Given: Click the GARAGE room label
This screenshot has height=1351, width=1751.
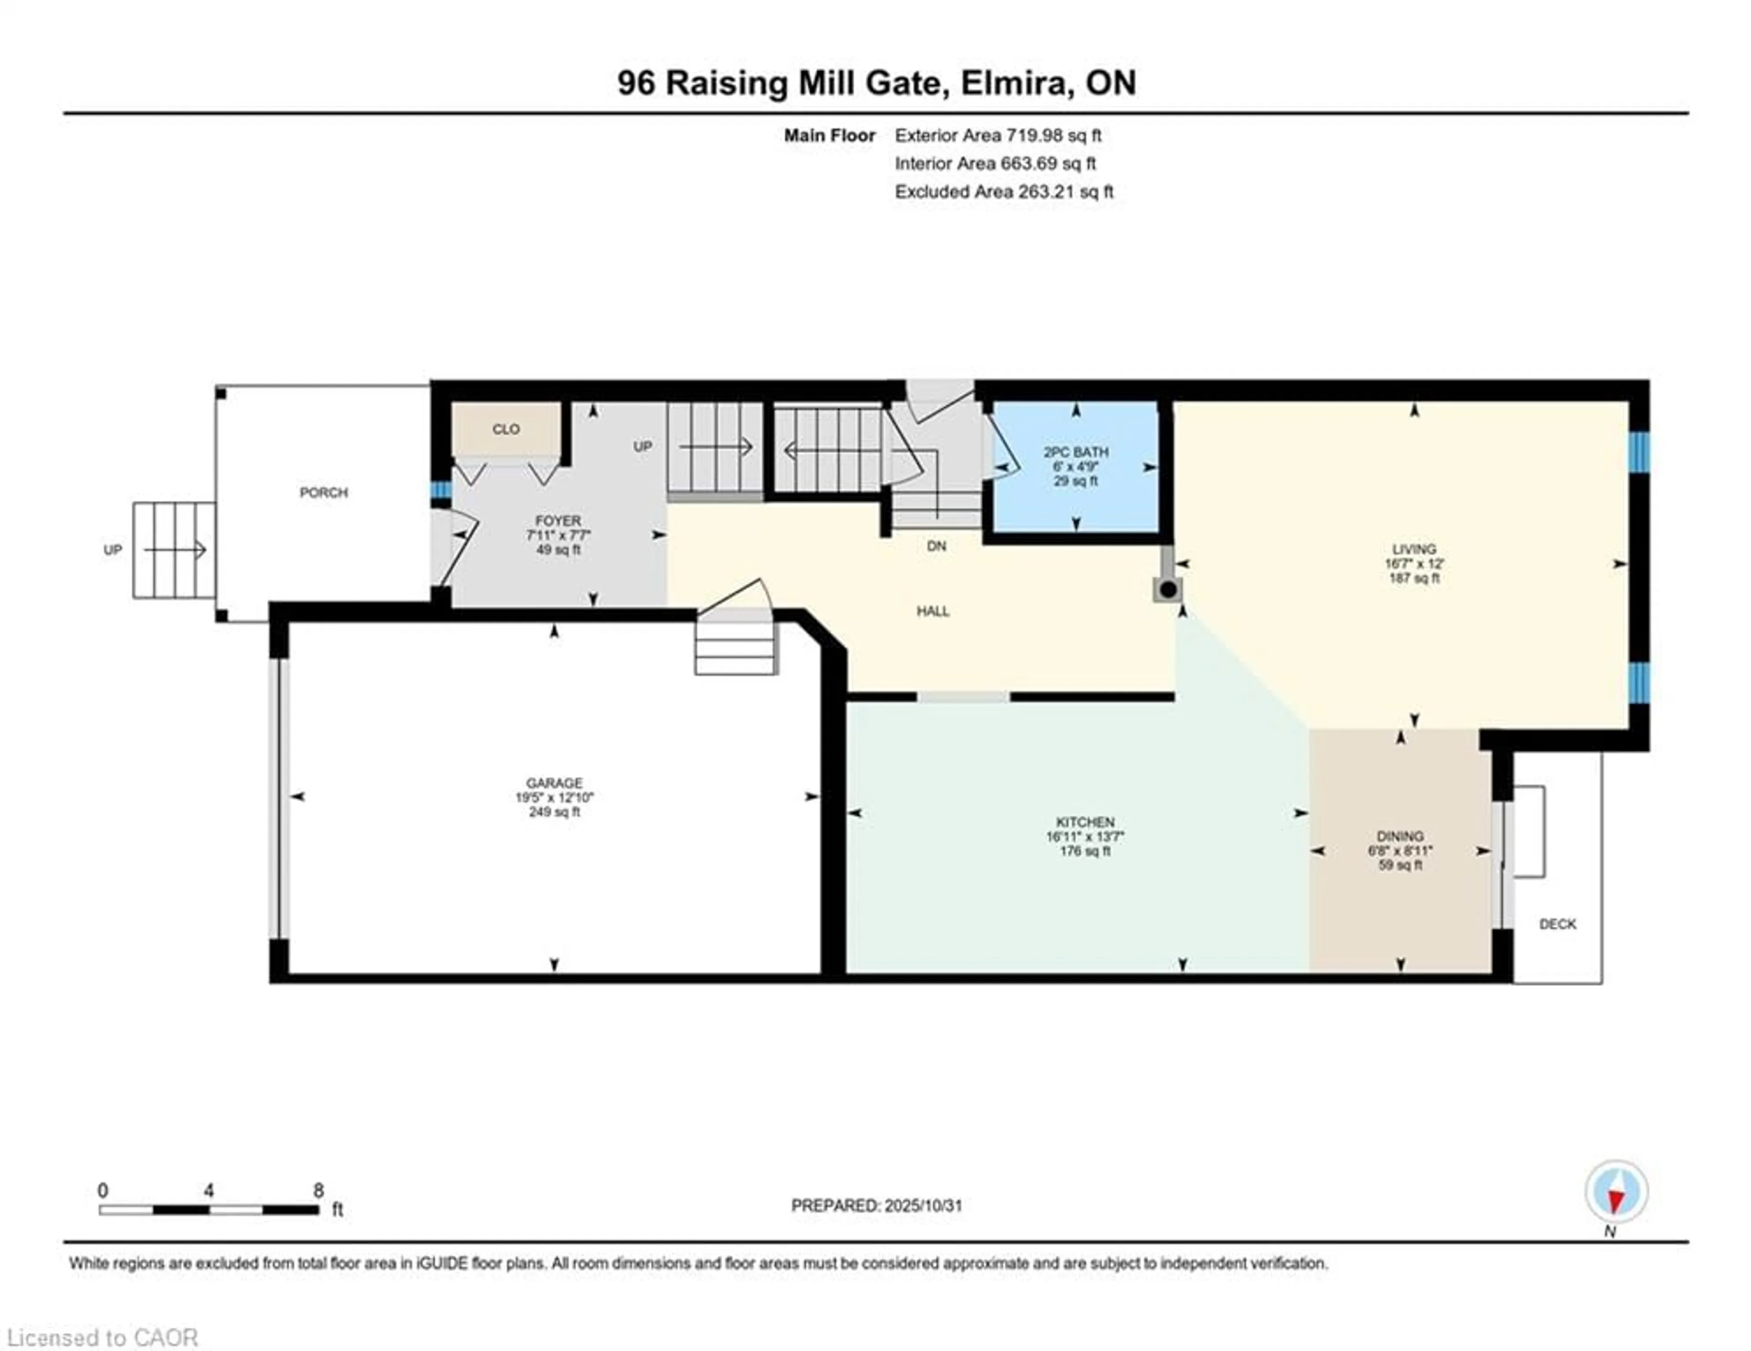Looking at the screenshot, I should click(554, 783).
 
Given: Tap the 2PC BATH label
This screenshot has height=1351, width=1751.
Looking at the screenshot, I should click(1076, 452).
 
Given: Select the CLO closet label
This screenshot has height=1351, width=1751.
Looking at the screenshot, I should click(506, 429).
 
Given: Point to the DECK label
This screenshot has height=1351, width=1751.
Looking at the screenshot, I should click(1558, 924).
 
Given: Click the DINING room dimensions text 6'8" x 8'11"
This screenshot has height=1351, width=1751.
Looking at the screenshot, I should click(1400, 851).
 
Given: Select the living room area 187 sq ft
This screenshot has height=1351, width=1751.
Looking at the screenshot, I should click(1414, 578).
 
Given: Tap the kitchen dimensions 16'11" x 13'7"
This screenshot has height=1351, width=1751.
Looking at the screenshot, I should click(1085, 836).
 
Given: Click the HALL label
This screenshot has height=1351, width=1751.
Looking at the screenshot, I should click(933, 611).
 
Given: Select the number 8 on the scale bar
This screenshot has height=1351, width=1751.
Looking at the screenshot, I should click(318, 1191).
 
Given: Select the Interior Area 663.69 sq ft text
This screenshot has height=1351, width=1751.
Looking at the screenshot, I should click(995, 164).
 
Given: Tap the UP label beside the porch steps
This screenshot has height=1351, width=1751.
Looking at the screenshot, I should click(113, 550).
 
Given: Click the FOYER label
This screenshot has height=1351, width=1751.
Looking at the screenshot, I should click(558, 521).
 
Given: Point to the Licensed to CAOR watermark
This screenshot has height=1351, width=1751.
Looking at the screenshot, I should click(102, 1337).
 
